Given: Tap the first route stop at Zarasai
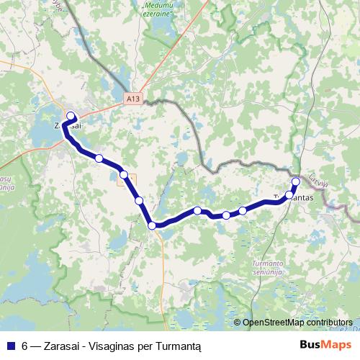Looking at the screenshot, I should click(71, 116).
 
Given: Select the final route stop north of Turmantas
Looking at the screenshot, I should click(295, 181).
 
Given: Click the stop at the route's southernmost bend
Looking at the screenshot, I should click(152, 225).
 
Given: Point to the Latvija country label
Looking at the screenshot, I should click(318, 179).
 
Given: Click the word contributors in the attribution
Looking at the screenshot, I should click(329, 323).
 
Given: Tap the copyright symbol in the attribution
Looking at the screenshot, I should click(237, 323).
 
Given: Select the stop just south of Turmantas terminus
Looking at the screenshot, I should click(289, 195).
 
